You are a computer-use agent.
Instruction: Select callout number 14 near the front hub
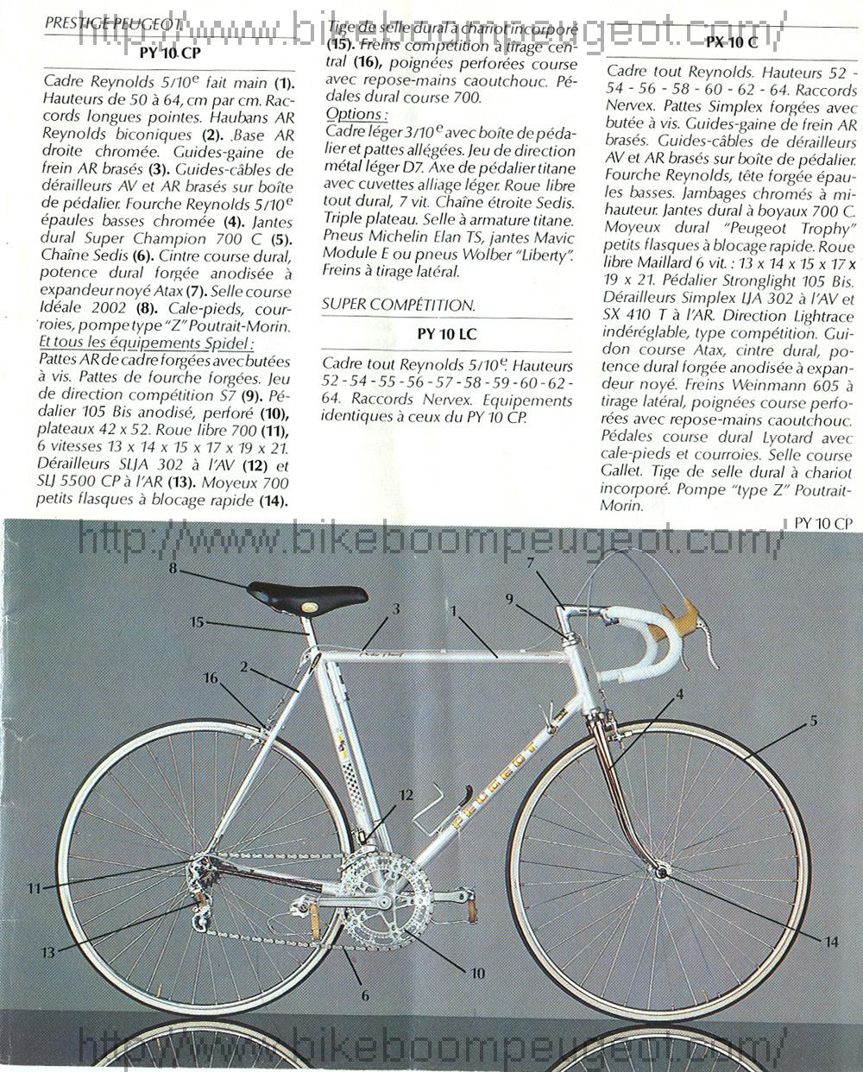pos(831,942)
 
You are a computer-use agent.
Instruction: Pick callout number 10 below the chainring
pos(477,972)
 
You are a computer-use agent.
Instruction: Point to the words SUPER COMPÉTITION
pos(398,305)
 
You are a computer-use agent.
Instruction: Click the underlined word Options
pos(356,114)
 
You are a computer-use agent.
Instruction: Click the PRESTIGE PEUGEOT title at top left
pos(112,25)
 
